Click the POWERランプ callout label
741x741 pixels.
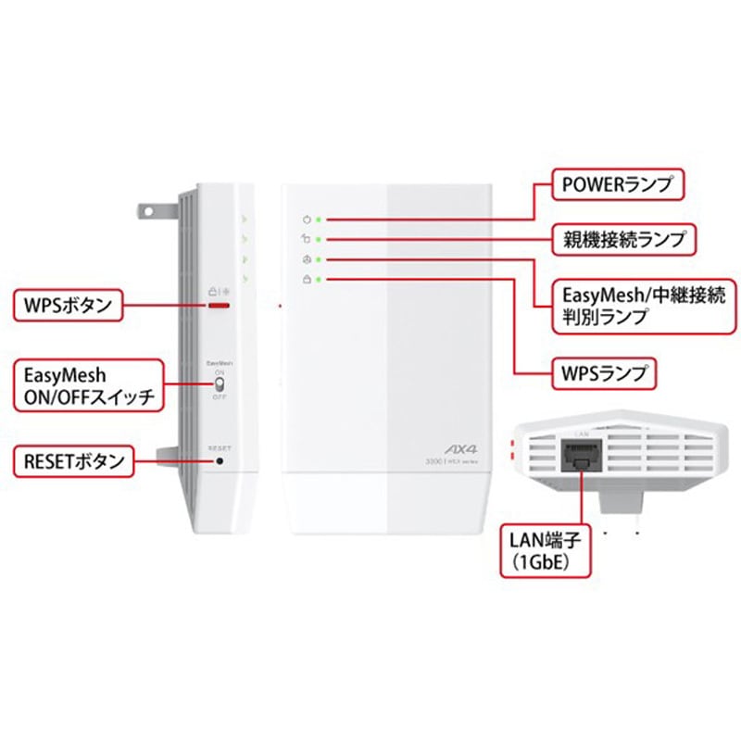[x=608, y=183]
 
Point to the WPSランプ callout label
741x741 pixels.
[x=597, y=374]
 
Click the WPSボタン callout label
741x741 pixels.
[x=68, y=305]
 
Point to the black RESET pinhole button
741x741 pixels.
[x=220, y=460]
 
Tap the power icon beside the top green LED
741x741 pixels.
[x=307, y=220]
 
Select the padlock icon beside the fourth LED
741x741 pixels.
[x=307, y=278]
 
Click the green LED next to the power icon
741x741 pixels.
[x=319, y=220]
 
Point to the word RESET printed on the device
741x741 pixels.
[x=220, y=447]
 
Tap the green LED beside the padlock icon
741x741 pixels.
[x=319, y=278]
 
